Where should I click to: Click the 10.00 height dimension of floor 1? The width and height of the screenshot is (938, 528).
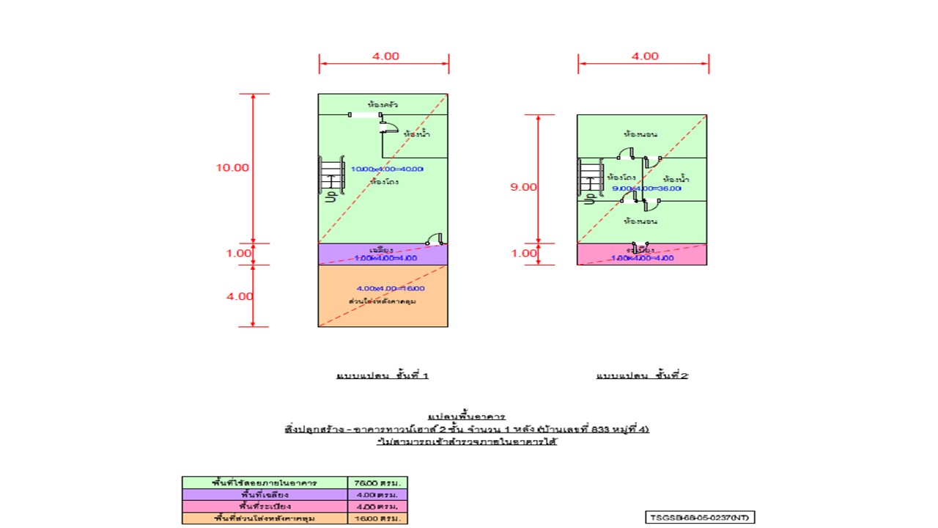click(x=232, y=167)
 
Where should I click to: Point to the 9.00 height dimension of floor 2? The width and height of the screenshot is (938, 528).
click(x=523, y=187)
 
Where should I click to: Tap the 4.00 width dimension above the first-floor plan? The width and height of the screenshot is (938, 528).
click(x=385, y=56)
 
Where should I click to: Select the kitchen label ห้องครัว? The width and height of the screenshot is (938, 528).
click(x=383, y=105)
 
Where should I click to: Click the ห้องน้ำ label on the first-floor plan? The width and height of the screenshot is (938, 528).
click(x=416, y=134)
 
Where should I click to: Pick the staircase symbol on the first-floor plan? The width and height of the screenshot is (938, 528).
click(x=331, y=176)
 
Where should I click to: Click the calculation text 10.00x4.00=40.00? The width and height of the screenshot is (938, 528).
click(x=387, y=169)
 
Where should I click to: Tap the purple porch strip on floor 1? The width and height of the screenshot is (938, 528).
click(x=344, y=254)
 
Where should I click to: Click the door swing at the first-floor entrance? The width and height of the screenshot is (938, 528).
click(x=435, y=238)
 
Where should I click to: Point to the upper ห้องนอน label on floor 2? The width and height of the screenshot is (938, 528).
click(x=640, y=135)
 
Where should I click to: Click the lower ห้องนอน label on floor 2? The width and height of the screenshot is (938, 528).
click(x=640, y=221)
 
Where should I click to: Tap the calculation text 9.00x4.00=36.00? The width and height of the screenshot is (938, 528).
click(x=647, y=188)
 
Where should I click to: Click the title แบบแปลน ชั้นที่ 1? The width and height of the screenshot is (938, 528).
click(x=382, y=375)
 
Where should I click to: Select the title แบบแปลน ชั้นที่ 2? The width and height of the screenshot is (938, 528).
click(x=642, y=375)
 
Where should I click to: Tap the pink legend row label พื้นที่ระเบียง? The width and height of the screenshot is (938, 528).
click(x=265, y=507)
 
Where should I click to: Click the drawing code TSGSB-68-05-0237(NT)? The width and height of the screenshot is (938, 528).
click(x=700, y=518)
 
